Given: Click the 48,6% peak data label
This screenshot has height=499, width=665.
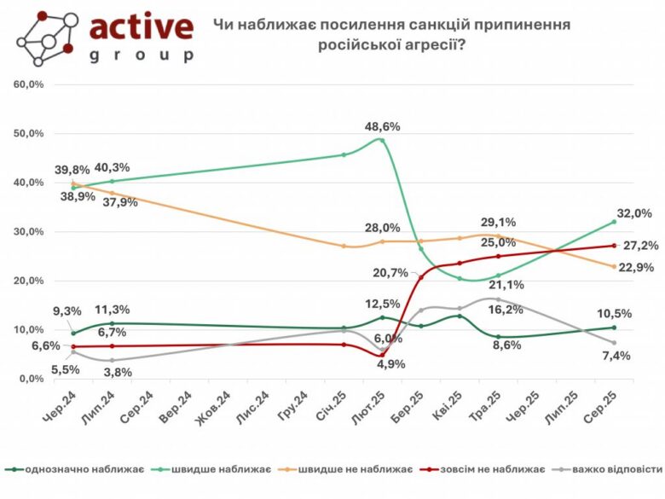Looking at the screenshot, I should click(382, 126).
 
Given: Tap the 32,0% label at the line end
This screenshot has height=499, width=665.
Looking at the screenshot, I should click(634, 213).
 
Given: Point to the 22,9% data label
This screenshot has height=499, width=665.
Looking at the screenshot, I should click(636, 267).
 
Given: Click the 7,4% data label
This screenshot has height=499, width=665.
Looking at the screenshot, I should click(615, 356).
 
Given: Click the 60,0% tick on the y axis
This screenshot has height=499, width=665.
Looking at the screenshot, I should click(27, 84).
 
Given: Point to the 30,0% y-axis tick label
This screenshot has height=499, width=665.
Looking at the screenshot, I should click(27, 231).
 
